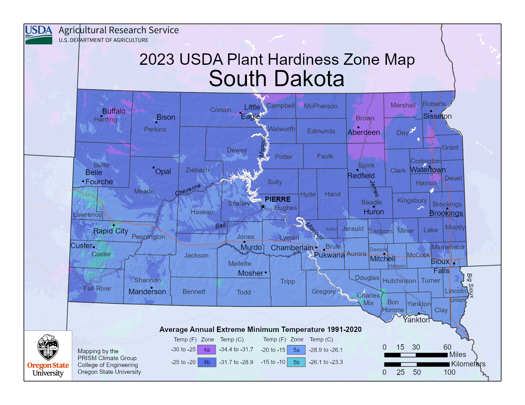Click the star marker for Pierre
[263, 207]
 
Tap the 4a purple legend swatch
[206, 350]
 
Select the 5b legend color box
[296, 362]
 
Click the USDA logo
[38, 35]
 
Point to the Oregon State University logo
[48, 355]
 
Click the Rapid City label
[111, 231]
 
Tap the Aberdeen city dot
[358, 127]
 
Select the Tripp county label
[288, 281]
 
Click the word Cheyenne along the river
[188, 189]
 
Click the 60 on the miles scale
[447, 347]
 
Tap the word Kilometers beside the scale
[468, 364]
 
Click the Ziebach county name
[197, 170]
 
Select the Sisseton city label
[437, 116]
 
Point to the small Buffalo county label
[331, 229]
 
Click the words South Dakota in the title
[276, 78]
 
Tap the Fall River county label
[97, 288]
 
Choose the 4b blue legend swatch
[206, 362]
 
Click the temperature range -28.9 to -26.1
[325, 350]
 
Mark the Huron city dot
[374, 207]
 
